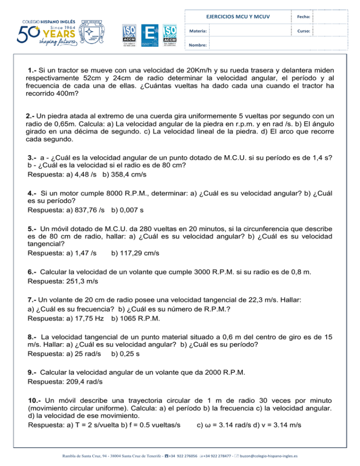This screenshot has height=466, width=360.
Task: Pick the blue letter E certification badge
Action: coord(150,32)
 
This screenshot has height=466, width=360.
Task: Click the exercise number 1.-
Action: coord(34,70)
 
